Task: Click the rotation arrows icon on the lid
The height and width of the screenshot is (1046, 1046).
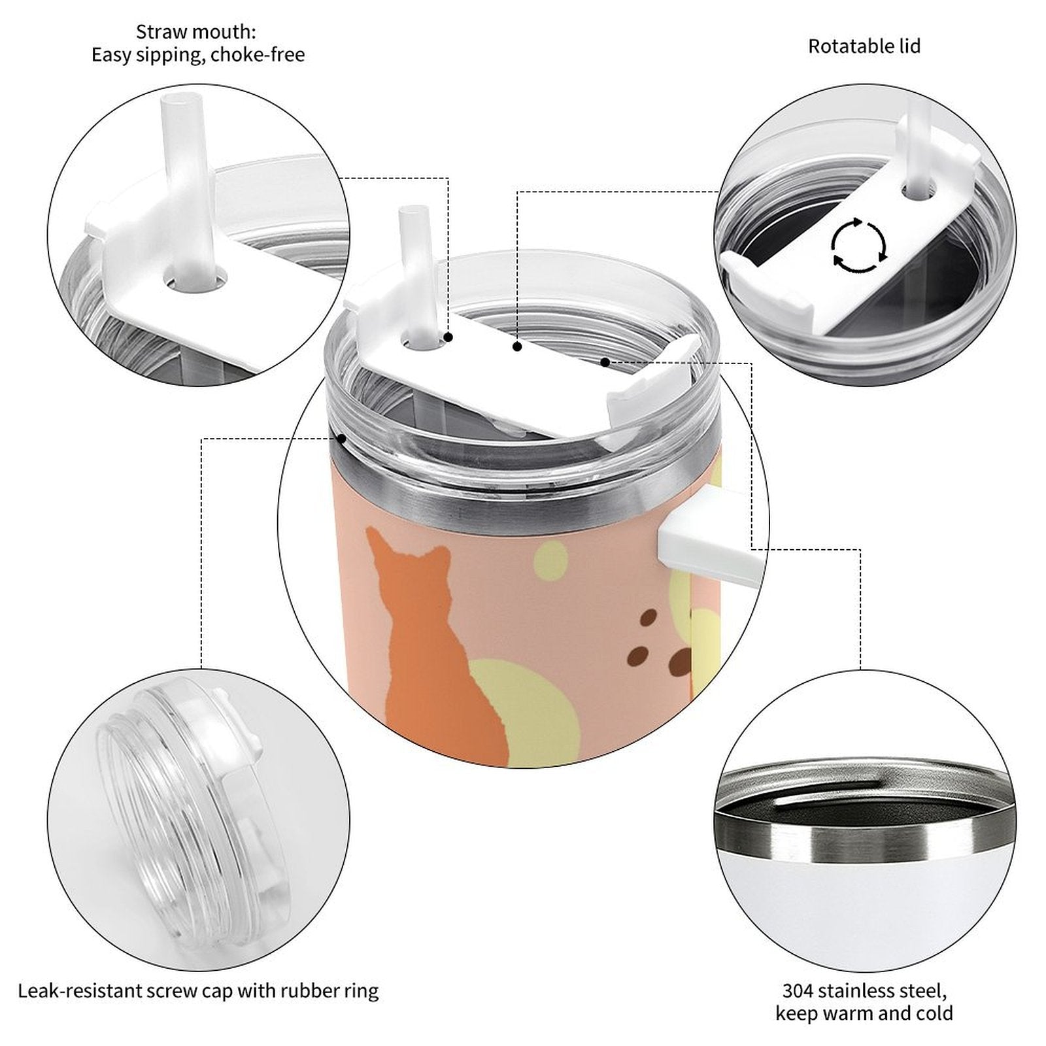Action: (x=859, y=246)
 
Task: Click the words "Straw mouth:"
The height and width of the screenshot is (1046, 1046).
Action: (x=196, y=31)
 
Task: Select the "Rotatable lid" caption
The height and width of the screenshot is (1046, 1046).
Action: (x=864, y=46)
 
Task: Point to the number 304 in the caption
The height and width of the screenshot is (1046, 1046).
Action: (x=799, y=991)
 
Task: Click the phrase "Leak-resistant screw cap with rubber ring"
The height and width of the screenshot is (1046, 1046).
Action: (x=198, y=992)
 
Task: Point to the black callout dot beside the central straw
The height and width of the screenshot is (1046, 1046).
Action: (x=448, y=337)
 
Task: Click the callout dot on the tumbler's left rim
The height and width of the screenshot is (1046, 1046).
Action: (x=341, y=439)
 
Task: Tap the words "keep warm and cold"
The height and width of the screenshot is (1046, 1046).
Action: (x=864, y=1014)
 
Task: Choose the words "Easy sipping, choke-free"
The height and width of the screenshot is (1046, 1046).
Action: (x=198, y=55)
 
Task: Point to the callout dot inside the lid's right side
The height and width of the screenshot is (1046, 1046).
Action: (x=605, y=362)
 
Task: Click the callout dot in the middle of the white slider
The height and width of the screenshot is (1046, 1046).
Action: (x=517, y=346)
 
